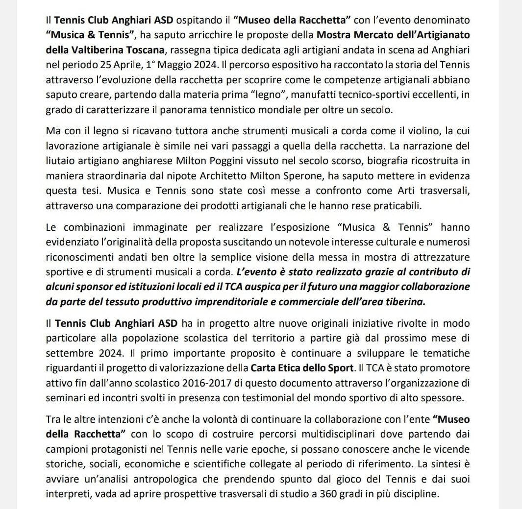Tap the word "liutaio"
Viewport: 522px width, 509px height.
click(58, 162)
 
